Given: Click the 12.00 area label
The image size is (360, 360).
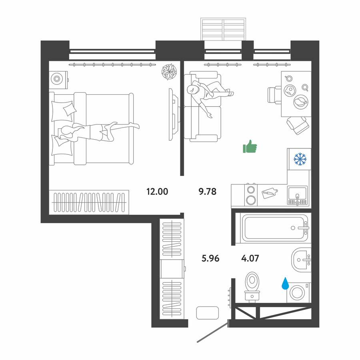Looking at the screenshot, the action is click(x=157, y=191).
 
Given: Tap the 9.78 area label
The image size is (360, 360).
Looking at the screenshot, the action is click(x=207, y=191).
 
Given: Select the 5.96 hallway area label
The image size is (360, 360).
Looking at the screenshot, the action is click(x=210, y=258).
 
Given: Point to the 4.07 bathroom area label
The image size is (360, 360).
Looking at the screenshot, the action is click(x=250, y=258).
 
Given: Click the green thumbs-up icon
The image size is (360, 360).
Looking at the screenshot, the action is click(x=250, y=146).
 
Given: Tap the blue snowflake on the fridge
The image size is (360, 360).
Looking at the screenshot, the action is click(x=300, y=159).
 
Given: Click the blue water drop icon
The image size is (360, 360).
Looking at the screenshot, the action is click(x=285, y=283).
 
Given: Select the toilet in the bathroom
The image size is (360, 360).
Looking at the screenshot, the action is click(x=252, y=286).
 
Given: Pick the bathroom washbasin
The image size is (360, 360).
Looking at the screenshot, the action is click(x=301, y=260).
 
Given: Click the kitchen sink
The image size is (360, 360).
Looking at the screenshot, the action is click(x=298, y=196).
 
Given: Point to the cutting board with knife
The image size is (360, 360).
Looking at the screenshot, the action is click(x=270, y=193).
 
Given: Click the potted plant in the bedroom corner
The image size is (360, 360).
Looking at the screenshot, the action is click(x=169, y=72).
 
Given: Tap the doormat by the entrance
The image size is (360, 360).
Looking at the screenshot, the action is click(x=207, y=313).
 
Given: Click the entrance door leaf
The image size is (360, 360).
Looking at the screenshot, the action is click(x=213, y=331).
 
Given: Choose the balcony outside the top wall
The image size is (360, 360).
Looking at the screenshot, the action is click(x=223, y=29).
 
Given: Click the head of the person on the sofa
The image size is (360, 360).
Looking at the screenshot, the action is click(x=192, y=89).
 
